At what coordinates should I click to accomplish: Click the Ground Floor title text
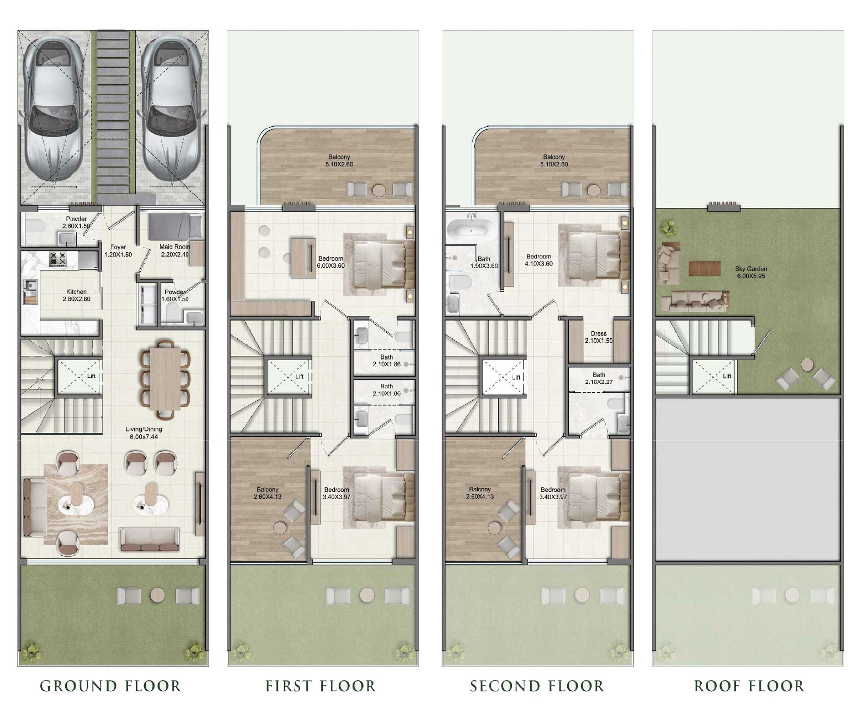tap(110, 686)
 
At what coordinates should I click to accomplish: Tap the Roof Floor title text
tap(749, 686)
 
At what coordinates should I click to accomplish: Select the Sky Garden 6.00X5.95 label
tap(751, 272)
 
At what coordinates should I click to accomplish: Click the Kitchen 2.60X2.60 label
tap(76, 295)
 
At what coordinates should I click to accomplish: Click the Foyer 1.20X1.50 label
tap(118, 251)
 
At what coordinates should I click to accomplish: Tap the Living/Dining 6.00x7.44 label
tap(144, 433)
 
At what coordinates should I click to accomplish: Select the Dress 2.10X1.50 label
tap(599, 337)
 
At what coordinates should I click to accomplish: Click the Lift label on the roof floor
tap(727, 376)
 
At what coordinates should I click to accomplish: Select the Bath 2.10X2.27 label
tap(599, 378)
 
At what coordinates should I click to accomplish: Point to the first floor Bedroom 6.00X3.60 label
tap(330, 262)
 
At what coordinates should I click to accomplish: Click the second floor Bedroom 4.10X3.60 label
tap(538, 260)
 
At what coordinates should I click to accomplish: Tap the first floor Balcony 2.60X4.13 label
tap(267, 493)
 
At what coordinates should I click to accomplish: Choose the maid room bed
tap(175, 227)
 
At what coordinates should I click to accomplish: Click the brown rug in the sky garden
tap(704, 268)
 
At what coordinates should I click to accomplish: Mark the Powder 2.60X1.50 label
tap(76, 222)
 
